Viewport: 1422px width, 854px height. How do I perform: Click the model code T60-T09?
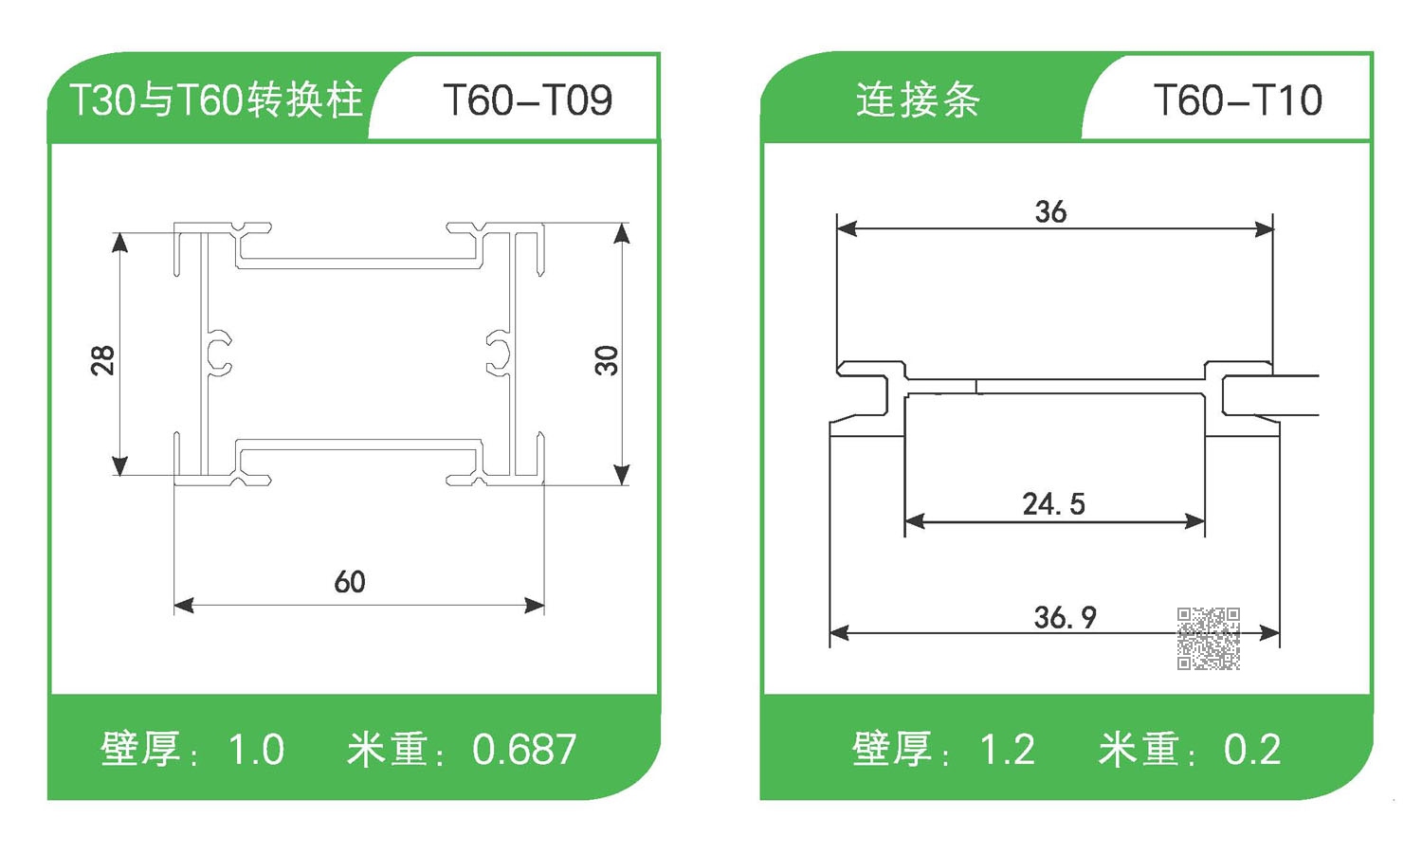point(527,100)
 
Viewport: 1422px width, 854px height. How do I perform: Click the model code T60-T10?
point(1237,100)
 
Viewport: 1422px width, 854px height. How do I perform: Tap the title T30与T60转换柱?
point(217,100)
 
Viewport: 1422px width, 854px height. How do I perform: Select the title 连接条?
point(918,100)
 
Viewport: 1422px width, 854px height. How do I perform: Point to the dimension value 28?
point(102,360)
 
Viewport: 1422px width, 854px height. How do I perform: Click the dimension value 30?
point(607,360)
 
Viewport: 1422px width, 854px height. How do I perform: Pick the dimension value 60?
point(350,581)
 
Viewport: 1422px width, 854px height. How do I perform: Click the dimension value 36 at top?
point(1050,211)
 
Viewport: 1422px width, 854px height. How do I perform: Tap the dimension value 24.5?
point(1053,503)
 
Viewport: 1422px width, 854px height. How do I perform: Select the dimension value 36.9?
point(1065,617)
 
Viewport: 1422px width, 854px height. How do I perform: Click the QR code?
point(1209,639)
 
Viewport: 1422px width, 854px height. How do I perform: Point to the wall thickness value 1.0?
point(256,750)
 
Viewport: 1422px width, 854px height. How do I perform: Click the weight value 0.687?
point(524,750)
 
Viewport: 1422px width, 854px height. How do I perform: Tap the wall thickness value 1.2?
point(1007,750)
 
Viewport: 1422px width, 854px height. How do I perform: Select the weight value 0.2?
point(1252,750)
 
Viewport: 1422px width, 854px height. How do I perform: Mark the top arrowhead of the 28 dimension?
point(119,242)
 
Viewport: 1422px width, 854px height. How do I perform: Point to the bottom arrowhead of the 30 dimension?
point(622,475)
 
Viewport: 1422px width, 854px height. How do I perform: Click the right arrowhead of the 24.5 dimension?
point(1195,520)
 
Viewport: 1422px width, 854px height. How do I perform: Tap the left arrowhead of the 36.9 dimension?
point(839,632)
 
